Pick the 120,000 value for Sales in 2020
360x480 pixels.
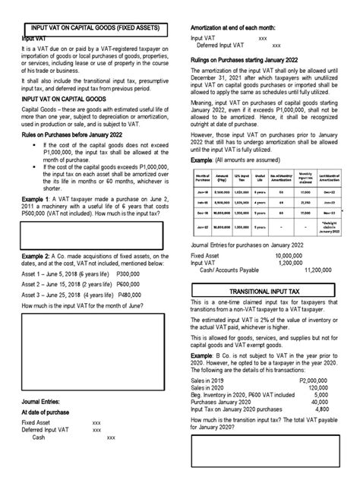click(x=321, y=388)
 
